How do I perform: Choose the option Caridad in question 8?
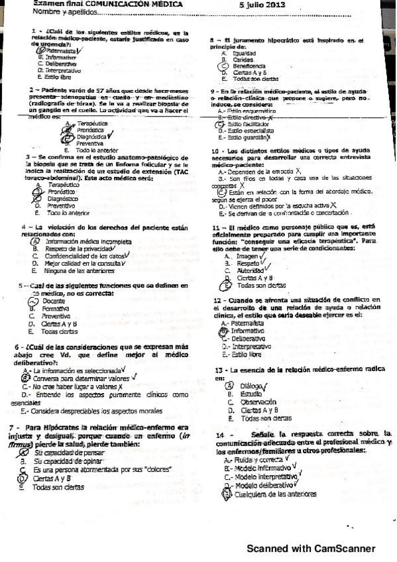(x=239, y=60)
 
